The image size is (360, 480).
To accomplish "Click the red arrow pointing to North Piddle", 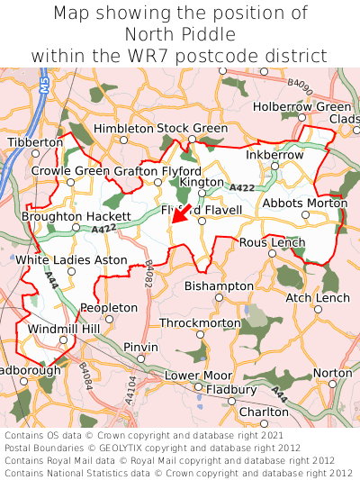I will pyautogui.click(x=180, y=217).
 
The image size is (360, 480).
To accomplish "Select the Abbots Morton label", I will pyautogui.click(x=304, y=203).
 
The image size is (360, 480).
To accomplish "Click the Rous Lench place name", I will pyautogui.click(x=273, y=243).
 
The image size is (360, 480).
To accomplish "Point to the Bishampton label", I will pyautogui.click(x=219, y=285).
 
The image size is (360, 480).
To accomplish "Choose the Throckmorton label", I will pyautogui.click(x=200, y=322).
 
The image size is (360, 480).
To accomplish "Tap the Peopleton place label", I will pyautogui.click(x=109, y=307).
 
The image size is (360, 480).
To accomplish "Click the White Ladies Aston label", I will pyautogui.click(x=72, y=260).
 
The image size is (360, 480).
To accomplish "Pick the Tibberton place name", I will pyautogui.click(x=36, y=142).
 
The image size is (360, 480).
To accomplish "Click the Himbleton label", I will pyautogui.click(x=123, y=129).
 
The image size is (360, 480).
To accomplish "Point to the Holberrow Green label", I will pyautogui.click(x=302, y=106).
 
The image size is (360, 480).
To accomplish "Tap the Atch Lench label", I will pyautogui.click(x=318, y=297).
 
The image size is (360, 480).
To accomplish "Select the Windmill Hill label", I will pyautogui.click(x=65, y=330).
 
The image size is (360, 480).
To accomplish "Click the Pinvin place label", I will pyautogui.click(x=140, y=347).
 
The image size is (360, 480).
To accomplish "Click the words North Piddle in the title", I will pyautogui.click(x=180, y=34).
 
